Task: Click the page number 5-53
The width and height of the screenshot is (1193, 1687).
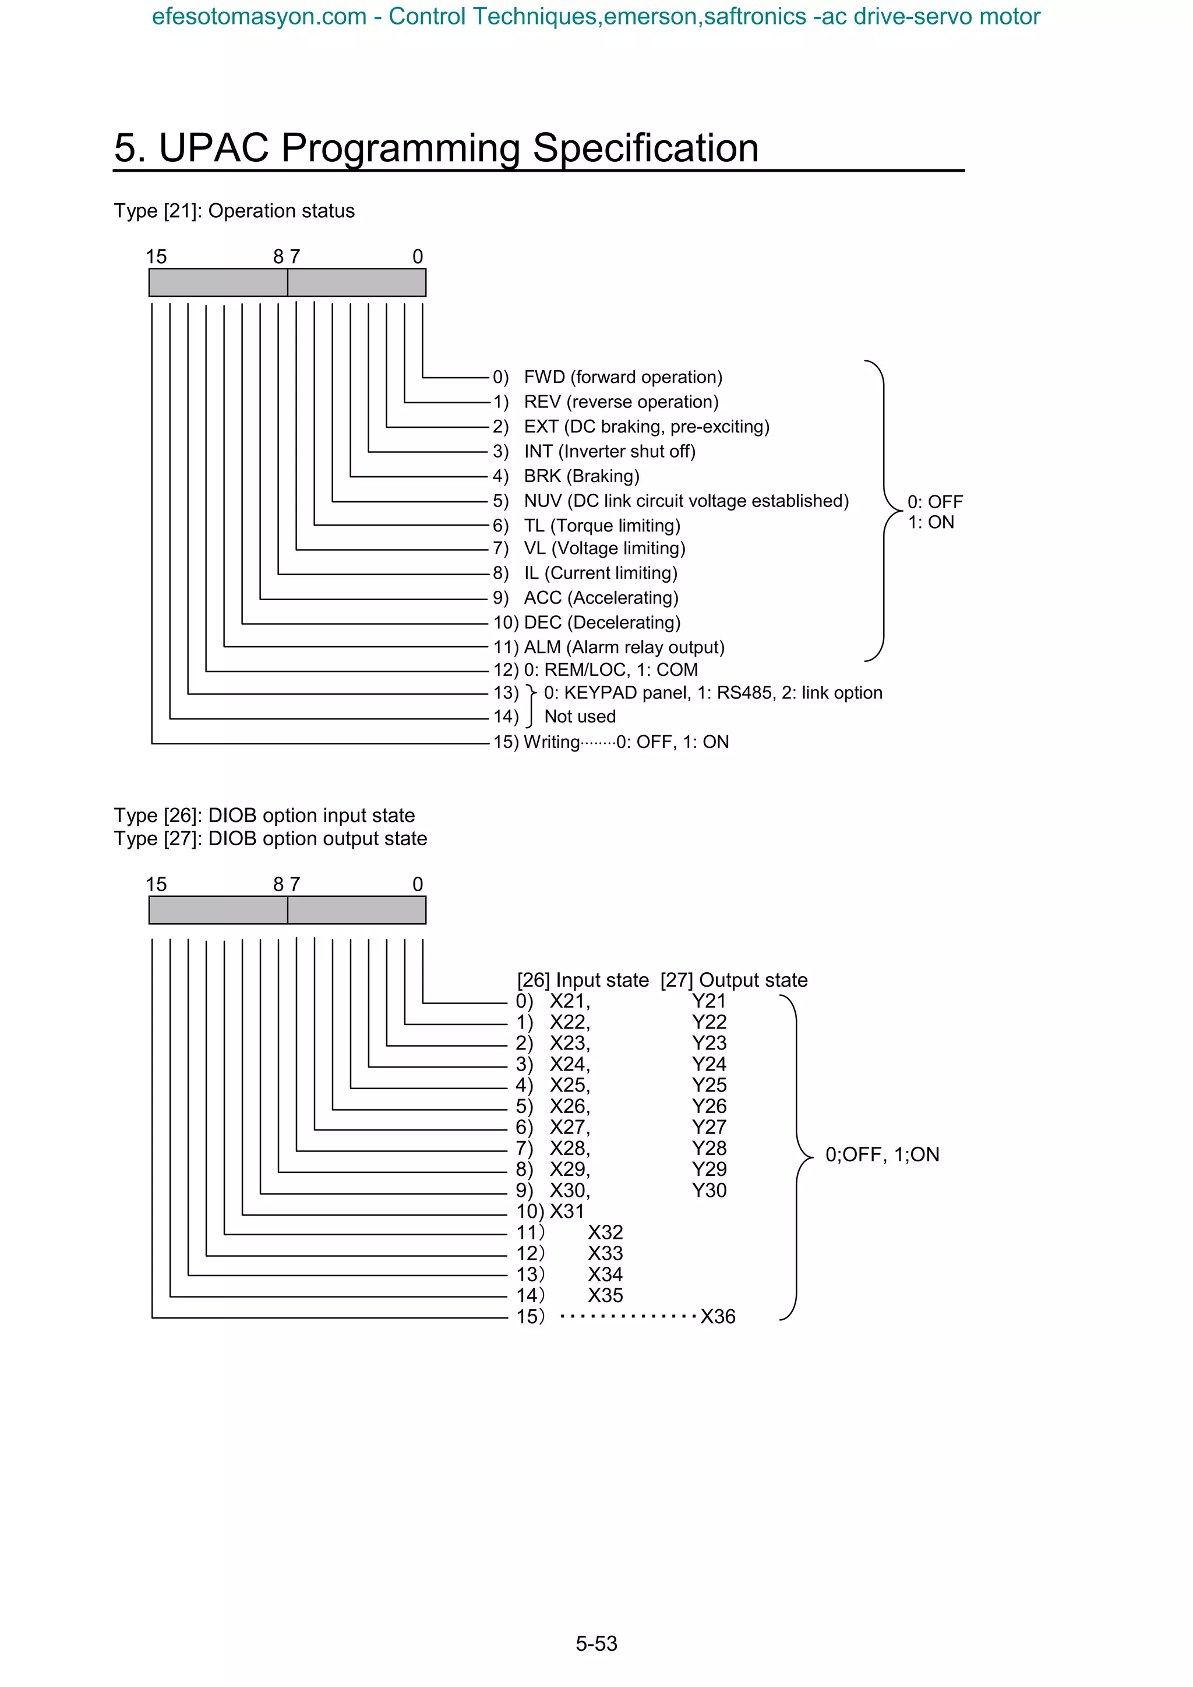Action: point(596,1643)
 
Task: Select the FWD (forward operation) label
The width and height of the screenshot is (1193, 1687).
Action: point(623,377)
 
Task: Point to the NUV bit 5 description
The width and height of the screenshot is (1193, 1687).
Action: point(686,501)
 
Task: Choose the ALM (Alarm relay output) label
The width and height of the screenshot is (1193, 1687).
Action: point(623,647)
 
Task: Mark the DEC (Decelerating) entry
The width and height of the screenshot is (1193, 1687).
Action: point(601,622)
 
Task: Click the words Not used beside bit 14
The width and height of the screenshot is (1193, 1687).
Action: point(580,717)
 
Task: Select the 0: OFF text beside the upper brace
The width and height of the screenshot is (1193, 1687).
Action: point(934,502)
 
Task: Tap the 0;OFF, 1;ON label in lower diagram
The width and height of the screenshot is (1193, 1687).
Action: point(882,1154)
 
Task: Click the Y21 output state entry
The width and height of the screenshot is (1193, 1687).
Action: point(708,1001)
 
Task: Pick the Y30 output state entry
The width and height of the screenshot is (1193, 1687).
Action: point(708,1190)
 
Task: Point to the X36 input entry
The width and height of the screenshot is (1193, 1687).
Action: point(718,1317)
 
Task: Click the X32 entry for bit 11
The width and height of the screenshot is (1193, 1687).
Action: point(605,1232)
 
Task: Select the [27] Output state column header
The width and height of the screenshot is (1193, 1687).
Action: point(733,980)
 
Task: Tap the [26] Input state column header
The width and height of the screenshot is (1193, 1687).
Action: point(583,980)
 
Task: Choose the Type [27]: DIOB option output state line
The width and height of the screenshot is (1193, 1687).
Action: point(270,838)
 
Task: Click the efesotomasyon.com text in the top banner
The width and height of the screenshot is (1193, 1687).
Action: point(259,16)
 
